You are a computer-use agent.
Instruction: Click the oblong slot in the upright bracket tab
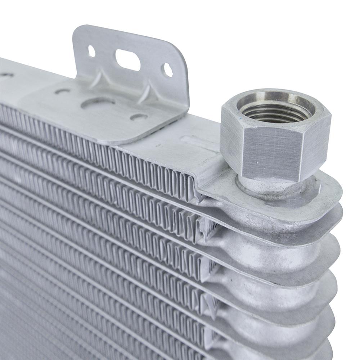[x=127, y=60]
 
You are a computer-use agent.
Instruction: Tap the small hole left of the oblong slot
[x=91, y=51]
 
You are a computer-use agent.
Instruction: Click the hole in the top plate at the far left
[x=6, y=75]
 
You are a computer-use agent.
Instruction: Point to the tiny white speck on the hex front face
[x=258, y=163]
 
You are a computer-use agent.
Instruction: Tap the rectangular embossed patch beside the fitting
[x=196, y=141]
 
